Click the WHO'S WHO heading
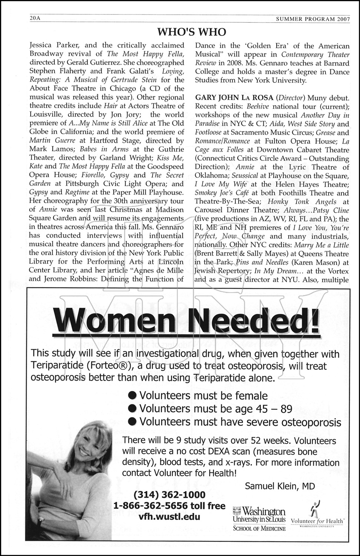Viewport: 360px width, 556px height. coord(191,32)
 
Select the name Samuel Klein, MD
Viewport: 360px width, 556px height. coord(280,486)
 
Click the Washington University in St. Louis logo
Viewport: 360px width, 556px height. coord(259,518)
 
